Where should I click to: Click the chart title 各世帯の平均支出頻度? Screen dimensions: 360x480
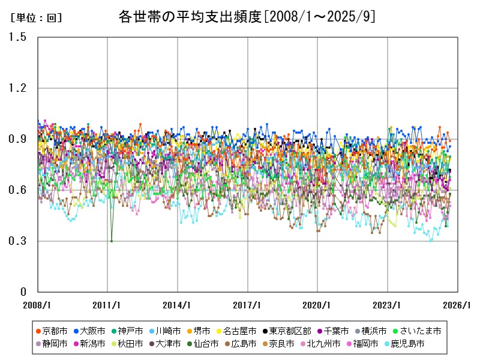[x=247, y=17]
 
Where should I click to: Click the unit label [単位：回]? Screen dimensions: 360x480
[x=36, y=18]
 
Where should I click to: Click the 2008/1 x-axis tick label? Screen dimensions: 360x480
[x=37, y=305]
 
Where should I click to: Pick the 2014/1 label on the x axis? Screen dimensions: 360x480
[x=178, y=305]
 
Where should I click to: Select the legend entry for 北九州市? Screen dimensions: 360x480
[x=323, y=344]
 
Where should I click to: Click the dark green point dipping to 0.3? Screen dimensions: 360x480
[x=111, y=241]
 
